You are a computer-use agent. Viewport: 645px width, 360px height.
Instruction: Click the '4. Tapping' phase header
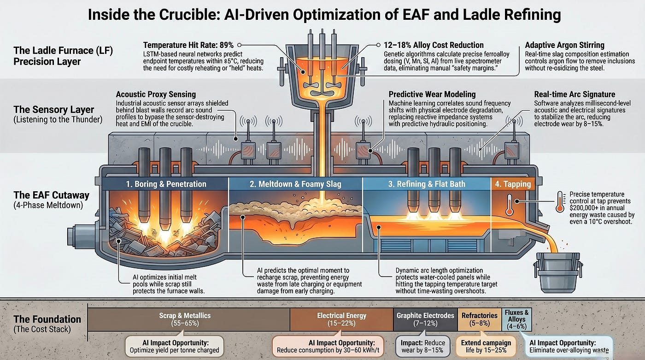tap(513, 184)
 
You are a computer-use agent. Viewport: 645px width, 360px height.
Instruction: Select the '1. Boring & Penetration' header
tap(166, 184)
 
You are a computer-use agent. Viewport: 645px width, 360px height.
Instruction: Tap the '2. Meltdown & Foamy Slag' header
tap(295, 184)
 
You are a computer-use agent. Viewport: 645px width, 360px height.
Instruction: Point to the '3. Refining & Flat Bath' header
tap(427, 184)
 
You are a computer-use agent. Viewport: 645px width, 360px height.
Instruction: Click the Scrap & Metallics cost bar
tap(188, 319)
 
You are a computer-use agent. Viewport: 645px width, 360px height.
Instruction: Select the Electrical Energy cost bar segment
tap(341, 319)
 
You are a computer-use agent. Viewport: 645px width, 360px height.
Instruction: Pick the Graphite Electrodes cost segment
tap(425, 319)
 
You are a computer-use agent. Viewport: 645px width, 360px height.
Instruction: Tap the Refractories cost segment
tap(480, 319)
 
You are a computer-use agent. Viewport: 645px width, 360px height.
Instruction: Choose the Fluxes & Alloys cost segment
tap(516, 319)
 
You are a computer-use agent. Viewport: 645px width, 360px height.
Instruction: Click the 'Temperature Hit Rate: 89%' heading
tap(188, 45)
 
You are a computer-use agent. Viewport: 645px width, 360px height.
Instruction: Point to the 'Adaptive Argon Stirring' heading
tap(565, 45)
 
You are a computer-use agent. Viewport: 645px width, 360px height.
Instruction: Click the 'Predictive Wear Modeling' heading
tap(432, 94)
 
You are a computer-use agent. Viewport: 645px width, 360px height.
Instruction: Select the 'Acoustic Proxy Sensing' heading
tap(156, 94)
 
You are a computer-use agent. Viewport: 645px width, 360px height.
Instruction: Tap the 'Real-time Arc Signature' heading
tap(575, 94)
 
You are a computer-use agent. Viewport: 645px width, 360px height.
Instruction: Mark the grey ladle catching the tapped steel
tap(557, 272)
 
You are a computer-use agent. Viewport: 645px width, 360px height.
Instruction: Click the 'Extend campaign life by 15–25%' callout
tap(486, 347)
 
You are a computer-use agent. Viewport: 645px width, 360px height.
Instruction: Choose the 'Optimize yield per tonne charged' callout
tap(175, 347)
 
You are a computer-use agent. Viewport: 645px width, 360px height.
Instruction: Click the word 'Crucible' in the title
tap(188, 14)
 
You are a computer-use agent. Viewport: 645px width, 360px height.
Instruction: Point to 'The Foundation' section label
tap(47, 319)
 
